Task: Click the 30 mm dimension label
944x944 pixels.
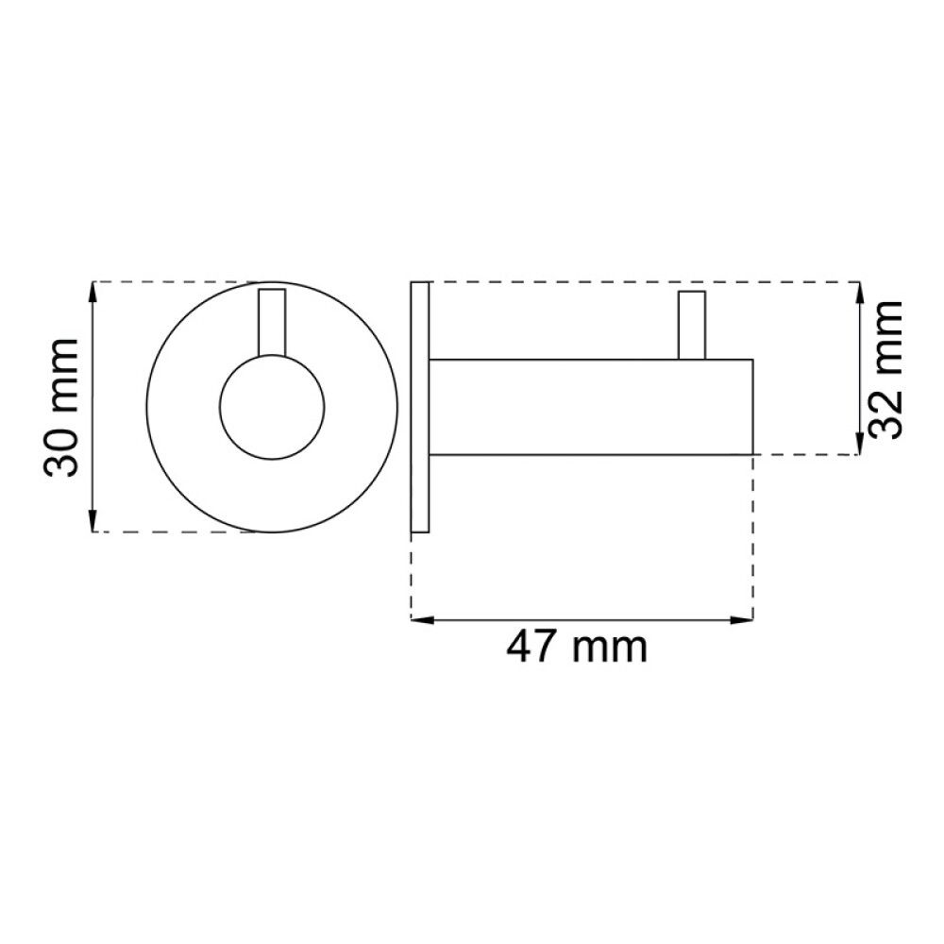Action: coord(63,407)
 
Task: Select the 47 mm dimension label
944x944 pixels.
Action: coord(578,649)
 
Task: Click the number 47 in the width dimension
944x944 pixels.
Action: coord(532,649)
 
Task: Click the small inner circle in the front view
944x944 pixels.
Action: coord(272,407)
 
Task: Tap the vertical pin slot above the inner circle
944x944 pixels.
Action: coord(272,321)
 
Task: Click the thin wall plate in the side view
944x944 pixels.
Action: coord(420,407)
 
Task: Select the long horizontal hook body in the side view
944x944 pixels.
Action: coord(591,407)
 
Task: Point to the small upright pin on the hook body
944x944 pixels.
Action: coord(691,326)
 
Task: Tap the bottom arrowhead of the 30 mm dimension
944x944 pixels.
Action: coord(93,523)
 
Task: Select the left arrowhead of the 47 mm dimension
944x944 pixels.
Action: coord(421,620)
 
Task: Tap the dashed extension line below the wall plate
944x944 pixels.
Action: coord(412,576)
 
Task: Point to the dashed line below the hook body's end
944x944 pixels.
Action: coord(753,538)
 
